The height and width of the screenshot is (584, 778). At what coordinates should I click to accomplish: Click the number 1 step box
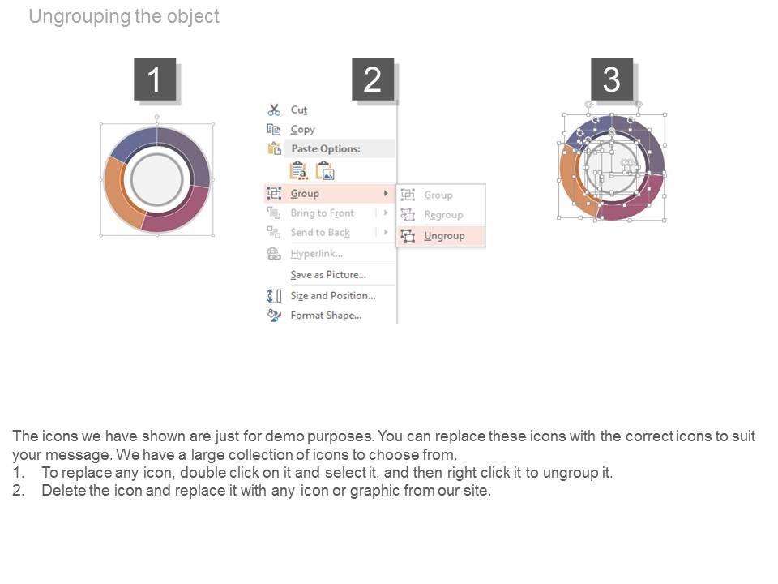coord(155,79)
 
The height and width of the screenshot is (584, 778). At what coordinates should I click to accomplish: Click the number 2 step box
coord(373,79)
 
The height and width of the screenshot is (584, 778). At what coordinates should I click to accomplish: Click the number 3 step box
coord(612,79)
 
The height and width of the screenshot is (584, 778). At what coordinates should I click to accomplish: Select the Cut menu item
coord(299,109)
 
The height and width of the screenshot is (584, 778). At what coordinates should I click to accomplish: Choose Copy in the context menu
coord(302,130)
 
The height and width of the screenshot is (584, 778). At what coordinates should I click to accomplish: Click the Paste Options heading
coord(326,148)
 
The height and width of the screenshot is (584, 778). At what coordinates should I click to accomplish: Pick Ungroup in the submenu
coord(444,236)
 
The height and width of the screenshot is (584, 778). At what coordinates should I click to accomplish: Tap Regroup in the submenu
coord(443,215)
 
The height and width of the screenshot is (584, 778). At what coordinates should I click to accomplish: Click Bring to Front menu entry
coord(322,213)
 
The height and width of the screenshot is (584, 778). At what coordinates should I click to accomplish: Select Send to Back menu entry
coord(320,233)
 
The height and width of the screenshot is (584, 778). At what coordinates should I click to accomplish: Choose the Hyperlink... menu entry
coord(317,254)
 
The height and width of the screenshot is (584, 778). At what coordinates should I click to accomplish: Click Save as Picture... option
coord(328,275)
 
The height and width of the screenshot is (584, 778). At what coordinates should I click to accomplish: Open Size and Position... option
coord(333,295)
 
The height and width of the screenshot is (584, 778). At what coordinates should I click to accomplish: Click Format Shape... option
coord(326,316)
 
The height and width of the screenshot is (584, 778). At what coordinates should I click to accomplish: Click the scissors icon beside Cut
coord(274,109)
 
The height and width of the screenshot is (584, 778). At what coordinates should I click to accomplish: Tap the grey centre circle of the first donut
coord(156,179)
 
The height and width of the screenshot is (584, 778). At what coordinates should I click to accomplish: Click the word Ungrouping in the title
coord(80,16)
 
